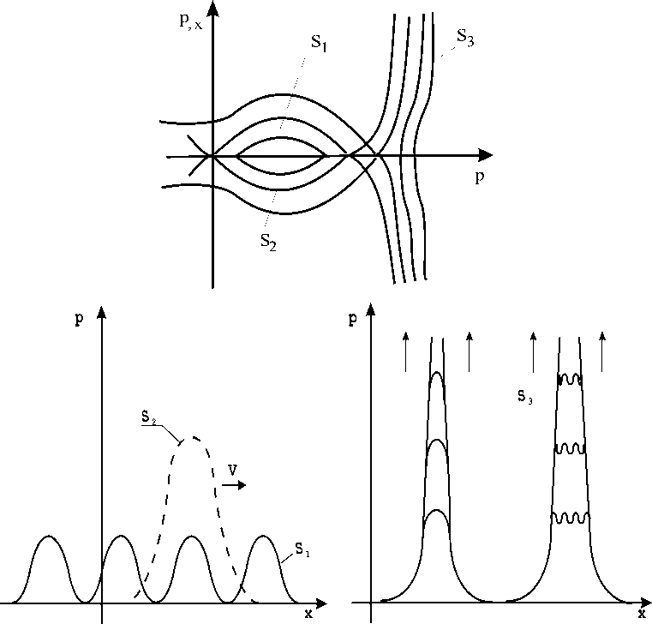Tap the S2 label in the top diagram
point(267,240)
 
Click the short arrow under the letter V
point(235,485)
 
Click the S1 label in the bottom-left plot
point(302,547)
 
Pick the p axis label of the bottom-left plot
point(79,318)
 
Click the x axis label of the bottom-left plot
point(309,614)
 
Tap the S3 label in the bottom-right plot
point(523,396)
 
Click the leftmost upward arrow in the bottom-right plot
point(406,352)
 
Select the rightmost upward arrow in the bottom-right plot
point(602,352)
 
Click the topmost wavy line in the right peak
point(570,379)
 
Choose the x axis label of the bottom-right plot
point(641,614)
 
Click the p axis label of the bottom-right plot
point(354,318)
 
